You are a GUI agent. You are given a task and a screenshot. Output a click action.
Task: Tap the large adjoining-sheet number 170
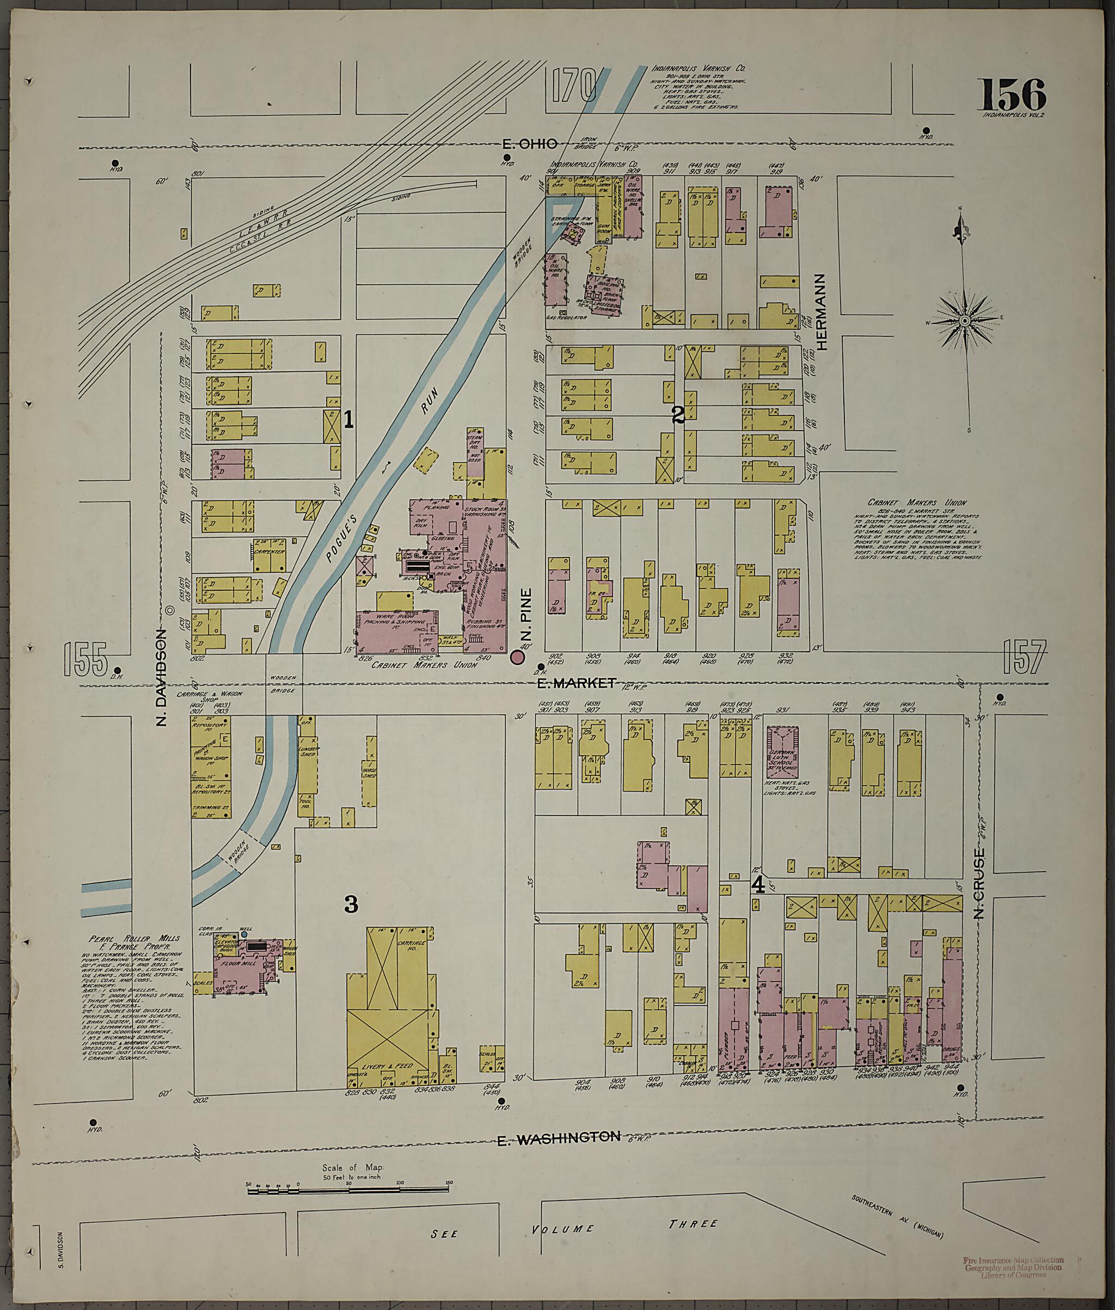[x=573, y=86]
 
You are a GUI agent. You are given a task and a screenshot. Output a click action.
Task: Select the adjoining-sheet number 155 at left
[x=85, y=658]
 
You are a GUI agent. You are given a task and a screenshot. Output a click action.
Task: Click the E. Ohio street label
[x=530, y=144]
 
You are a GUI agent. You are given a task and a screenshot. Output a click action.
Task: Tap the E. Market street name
[x=575, y=683]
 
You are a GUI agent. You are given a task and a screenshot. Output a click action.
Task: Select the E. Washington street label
[x=558, y=1137]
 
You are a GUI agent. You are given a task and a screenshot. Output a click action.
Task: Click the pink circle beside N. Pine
[x=518, y=658]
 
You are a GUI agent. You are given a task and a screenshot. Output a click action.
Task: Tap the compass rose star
[x=965, y=321]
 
